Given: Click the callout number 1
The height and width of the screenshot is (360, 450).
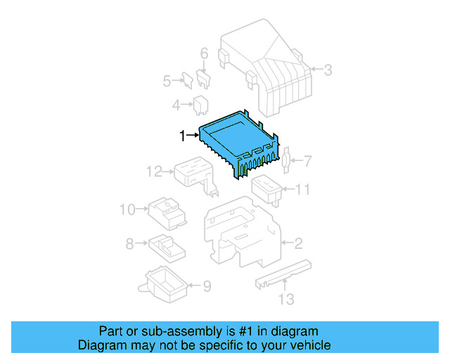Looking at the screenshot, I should pos(183,136).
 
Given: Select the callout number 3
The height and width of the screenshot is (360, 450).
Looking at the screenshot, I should pos(328,69).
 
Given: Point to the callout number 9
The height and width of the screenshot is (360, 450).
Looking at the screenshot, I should pos(207,286).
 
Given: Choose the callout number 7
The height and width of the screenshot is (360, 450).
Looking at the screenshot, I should pos(307,161).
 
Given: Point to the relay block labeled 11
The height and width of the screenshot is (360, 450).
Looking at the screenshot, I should pos(267,188).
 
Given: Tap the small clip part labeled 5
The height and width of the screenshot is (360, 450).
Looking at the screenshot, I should pos(188,80).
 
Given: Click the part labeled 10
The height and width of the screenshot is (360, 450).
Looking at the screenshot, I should pos(166,211).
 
